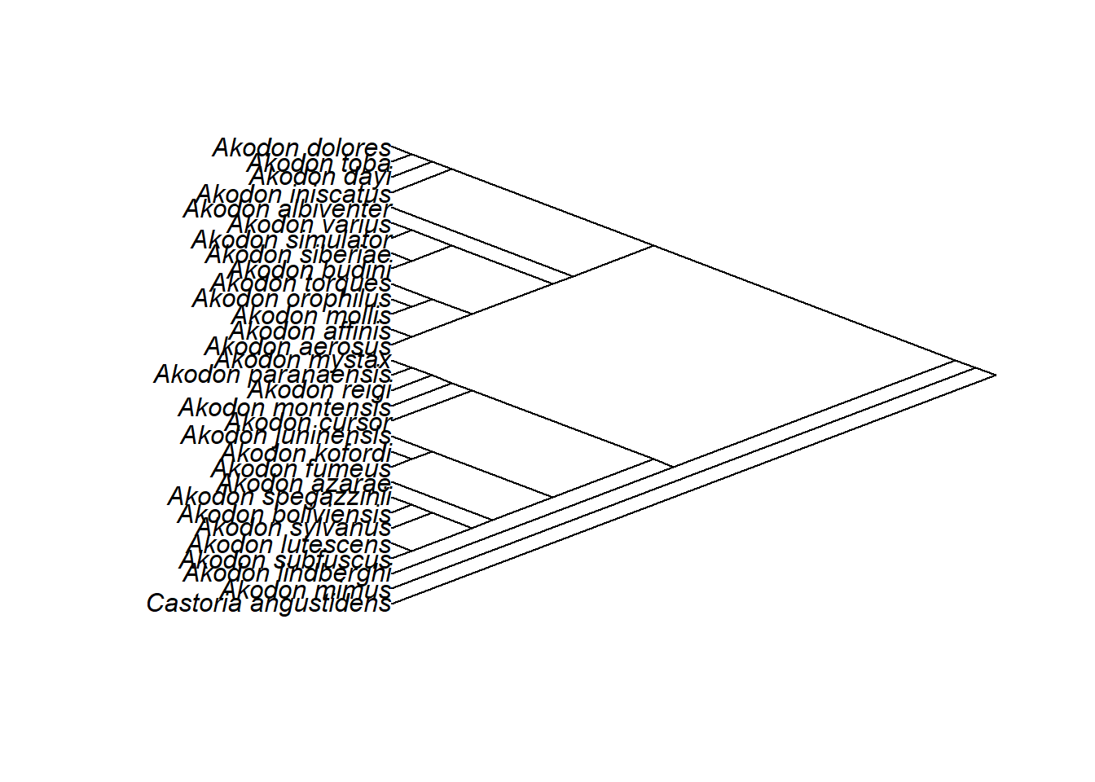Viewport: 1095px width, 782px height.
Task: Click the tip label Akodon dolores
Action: [301, 148]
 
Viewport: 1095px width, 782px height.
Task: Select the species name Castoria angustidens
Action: [269, 604]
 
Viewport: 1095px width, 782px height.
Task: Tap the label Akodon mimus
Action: [306, 590]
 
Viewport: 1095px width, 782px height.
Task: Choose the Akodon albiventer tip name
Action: [287, 209]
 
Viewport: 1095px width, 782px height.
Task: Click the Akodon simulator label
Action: [291, 240]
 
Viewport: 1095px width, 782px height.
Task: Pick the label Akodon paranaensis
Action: [272, 375]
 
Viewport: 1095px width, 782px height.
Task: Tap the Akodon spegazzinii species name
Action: [279, 496]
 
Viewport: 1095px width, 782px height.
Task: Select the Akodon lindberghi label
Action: [287, 573]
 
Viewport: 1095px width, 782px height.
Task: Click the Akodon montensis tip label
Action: [284, 406]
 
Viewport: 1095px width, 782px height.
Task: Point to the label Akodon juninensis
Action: [285, 437]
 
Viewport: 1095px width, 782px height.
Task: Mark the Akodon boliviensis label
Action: [284, 515]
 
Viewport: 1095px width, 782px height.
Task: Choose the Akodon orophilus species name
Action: [291, 299]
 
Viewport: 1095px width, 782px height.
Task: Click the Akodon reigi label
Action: [319, 390]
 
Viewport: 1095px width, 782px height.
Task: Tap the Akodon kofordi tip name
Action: [306, 453]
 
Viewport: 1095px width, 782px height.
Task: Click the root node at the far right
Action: [995, 375]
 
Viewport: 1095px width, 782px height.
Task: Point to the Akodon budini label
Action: [309, 270]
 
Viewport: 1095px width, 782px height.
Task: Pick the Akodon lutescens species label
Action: [289, 544]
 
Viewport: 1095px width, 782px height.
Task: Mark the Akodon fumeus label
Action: [301, 468]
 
